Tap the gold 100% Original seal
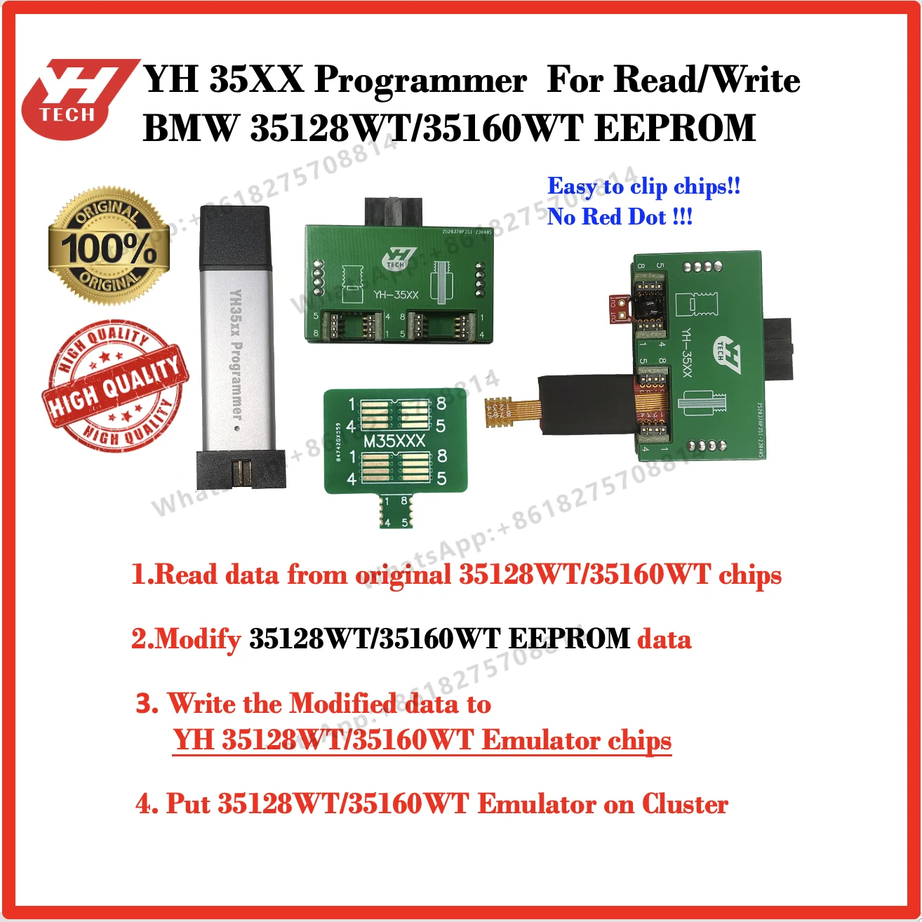109,246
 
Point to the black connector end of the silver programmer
241,469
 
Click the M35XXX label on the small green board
394,441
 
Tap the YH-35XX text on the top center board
396,295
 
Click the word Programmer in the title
420,79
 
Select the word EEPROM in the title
674,128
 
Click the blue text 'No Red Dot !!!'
620,217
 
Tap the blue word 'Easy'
572,187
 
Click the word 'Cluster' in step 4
685,804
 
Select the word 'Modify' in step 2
197,639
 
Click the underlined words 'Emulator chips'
577,740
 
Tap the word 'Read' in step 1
185,575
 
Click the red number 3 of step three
147,703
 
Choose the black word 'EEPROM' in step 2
569,639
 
